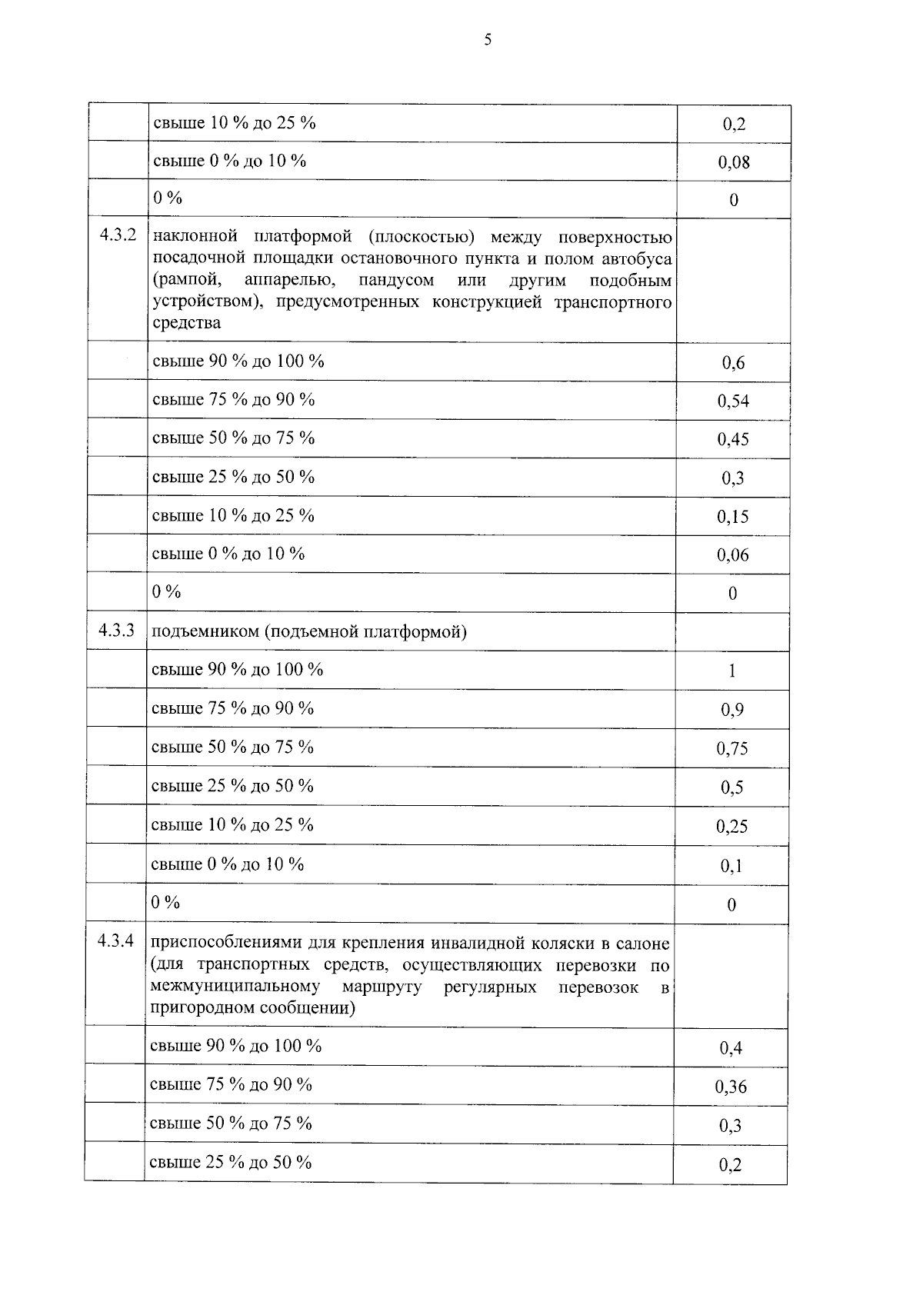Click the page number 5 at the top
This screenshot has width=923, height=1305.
(488, 40)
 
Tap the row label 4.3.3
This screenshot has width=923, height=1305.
(116, 631)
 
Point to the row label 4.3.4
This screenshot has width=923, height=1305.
(115, 941)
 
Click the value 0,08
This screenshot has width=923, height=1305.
(734, 162)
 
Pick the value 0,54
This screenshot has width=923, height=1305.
(733, 401)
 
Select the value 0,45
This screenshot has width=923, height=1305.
(733, 439)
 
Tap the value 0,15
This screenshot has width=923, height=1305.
(733, 517)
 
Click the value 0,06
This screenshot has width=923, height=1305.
(733, 555)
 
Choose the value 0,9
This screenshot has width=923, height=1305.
(731, 710)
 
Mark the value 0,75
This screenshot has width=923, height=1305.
(732, 749)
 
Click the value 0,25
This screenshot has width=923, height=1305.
(731, 827)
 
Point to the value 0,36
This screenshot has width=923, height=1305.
(731, 1087)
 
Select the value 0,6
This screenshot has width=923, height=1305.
(733, 363)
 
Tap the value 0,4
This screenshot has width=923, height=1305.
(731, 1048)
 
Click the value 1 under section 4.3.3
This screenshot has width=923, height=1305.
(732, 671)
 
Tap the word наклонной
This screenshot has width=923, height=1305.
(195, 236)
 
